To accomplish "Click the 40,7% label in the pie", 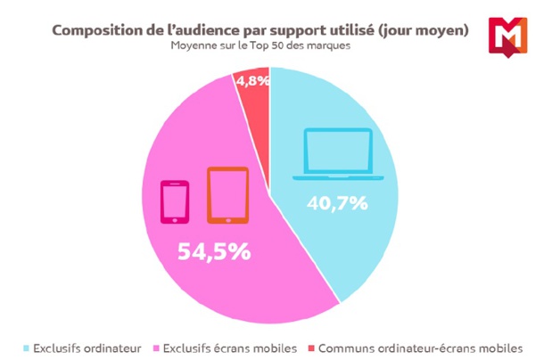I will pyautogui.click(x=336, y=203).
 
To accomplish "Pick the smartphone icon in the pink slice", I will pyautogui.click(x=175, y=201).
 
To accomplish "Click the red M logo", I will pyautogui.click(x=507, y=37).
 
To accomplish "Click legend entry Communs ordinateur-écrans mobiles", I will pyautogui.click(x=419, y=348).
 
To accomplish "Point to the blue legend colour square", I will pyautogui.click(x=27, y=348).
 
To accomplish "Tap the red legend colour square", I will pyautogui.click(x=309, y=348).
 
